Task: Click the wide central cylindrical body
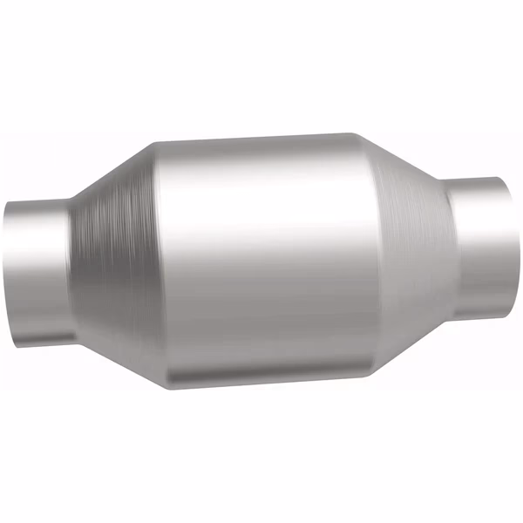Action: (x=261, y=257)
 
